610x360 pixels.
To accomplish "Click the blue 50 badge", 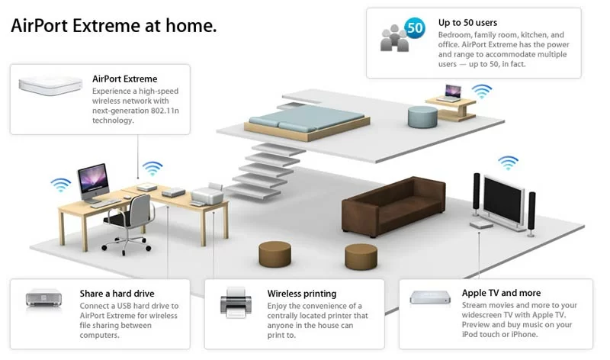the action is (415, 27).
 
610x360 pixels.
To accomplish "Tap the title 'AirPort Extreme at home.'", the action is (114, 26).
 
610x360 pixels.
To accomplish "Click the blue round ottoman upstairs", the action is (422, 117).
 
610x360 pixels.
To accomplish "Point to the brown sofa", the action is (393, 206).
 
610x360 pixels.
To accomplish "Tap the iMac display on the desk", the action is (93, 180).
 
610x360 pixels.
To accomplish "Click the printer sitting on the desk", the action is (207, 194).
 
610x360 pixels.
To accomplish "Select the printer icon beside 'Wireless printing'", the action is (236, 302).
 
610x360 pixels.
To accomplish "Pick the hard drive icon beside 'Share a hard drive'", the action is (43, 298).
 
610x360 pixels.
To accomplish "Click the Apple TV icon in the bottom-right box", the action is (430, 297).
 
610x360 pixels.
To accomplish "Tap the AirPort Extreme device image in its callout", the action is (50, 85).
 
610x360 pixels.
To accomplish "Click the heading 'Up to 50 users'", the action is (467, 23).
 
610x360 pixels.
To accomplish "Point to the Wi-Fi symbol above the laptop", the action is (482, 91).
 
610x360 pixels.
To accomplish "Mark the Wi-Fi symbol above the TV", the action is (508, 162).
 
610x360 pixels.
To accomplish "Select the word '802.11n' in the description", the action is (164, 111).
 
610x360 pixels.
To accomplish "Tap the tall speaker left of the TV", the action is (476, 194).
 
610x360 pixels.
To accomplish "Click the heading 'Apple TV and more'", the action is (501, 293).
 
